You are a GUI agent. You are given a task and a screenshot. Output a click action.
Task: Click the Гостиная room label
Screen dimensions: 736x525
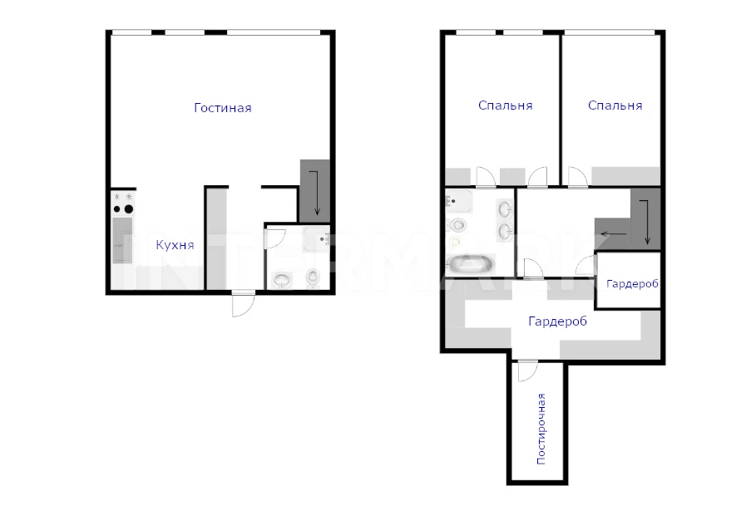223,108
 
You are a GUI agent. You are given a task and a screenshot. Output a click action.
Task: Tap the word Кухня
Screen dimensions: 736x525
175,245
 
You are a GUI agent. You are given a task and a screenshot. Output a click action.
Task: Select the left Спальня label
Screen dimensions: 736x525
505,105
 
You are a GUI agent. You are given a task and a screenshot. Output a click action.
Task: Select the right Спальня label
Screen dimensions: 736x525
615,105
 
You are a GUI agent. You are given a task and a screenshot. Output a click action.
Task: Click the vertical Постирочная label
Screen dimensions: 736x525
541,429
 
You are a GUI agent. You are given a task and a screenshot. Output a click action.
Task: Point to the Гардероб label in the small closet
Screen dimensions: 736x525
632,283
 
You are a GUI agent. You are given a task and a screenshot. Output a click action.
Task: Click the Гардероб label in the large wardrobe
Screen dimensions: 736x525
558,321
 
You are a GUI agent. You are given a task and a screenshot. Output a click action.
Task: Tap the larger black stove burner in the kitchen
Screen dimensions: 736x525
128,209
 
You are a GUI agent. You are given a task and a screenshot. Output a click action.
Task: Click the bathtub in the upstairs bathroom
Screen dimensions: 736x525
471,264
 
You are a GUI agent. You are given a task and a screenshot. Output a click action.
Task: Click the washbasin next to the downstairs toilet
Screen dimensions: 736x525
281,280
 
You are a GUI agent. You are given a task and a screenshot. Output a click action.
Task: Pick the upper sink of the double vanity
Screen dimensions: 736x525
506,209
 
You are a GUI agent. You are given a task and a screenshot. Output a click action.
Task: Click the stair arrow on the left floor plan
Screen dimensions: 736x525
314,193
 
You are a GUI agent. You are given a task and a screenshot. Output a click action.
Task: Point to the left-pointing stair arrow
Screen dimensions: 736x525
614,234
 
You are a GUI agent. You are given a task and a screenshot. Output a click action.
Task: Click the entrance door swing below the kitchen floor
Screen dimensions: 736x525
243,304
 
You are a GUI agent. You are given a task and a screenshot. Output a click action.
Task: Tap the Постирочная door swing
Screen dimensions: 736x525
527,370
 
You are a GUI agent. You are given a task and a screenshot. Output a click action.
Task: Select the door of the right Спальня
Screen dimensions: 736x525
578,177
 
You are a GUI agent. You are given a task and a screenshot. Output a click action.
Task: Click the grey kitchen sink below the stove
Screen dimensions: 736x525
122,240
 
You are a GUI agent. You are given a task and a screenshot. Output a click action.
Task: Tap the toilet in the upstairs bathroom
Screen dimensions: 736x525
457,225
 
